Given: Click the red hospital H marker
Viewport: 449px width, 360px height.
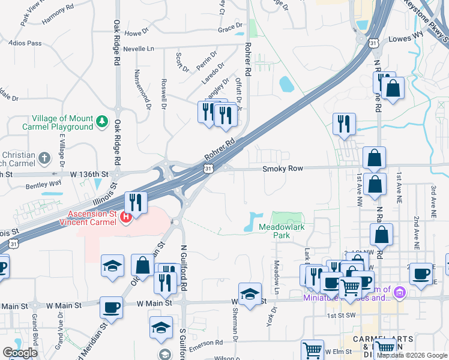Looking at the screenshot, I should click(126, 217).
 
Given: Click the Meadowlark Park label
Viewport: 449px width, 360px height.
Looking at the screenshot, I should click(274, 231).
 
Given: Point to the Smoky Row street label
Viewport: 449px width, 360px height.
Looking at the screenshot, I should click(283, 169).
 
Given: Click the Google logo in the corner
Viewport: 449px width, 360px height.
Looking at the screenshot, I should click(20, 352).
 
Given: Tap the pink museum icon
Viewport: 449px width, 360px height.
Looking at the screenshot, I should click(400, 292).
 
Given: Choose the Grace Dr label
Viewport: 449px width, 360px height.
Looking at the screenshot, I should click(230, 28).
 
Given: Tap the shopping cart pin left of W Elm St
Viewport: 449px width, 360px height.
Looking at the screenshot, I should click(312, 350).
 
